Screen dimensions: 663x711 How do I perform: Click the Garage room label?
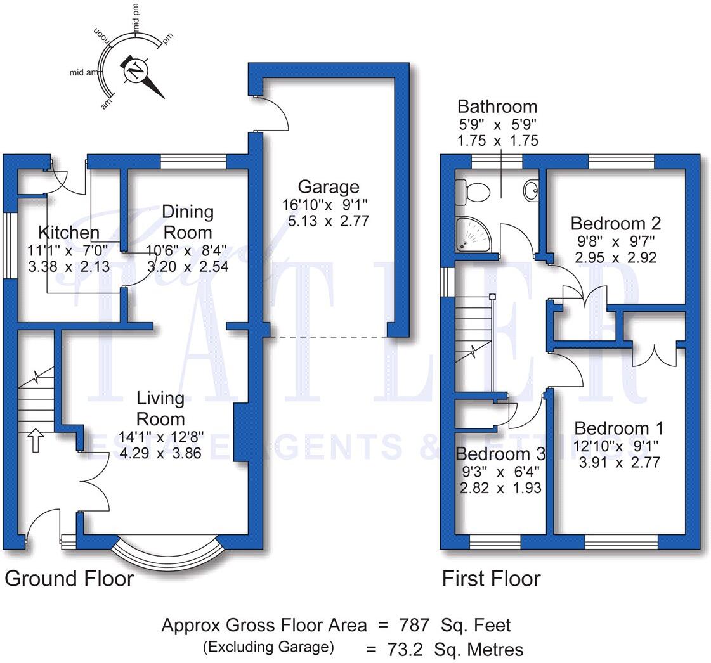328,187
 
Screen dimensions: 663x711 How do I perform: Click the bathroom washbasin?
531,189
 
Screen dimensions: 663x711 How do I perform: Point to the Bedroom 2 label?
615,223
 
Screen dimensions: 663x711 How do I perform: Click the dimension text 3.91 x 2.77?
619,463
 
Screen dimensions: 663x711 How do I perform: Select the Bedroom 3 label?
500,454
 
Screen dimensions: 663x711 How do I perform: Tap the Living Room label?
161,409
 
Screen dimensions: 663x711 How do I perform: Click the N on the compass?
134,70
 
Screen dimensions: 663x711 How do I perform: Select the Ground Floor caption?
69,579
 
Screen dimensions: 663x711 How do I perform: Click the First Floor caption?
491,579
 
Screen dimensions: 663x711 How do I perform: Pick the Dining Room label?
187,221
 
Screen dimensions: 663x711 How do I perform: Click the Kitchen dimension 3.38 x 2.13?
68,267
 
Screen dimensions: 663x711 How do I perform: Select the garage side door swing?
274,114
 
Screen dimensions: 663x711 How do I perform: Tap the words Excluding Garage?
268,647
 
